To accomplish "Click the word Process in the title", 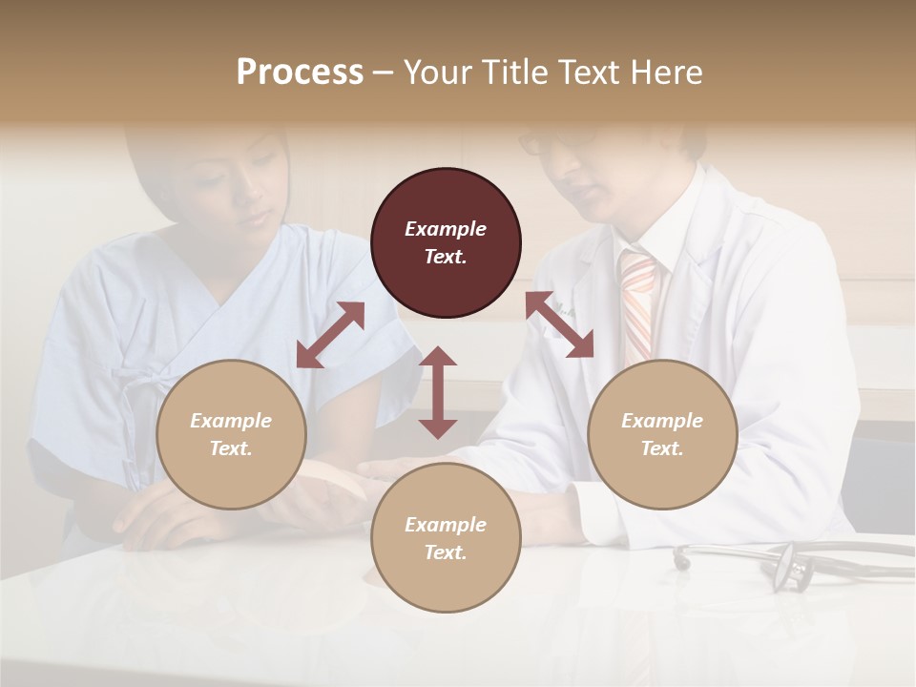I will tap(300, 73).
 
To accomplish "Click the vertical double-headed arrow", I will tap(438, 392).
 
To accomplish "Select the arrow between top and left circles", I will tap(330, 335).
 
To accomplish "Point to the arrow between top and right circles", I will tap(560, 324).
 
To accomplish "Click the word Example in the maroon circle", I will tap(446, 229).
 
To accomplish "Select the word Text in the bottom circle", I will tap(446, 552).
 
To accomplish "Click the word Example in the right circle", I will tap(662, 421).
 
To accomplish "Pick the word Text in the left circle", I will tap(231, 448).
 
